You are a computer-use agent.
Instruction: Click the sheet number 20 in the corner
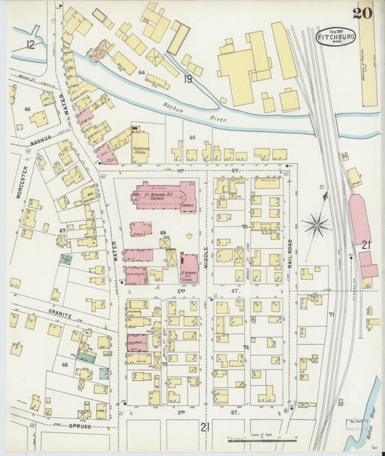pos(362,12)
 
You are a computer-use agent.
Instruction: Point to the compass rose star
pos(316,226)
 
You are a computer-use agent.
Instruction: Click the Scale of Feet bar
pos(261,439)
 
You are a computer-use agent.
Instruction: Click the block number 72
pos(246,347)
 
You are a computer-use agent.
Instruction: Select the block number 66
pos(27,109)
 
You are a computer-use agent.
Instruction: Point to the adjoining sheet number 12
pos(30,45)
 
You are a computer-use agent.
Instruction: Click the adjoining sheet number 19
pos(187,79)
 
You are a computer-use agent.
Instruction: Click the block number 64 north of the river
pos(142,72)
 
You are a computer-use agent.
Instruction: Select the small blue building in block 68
pos(105,373)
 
